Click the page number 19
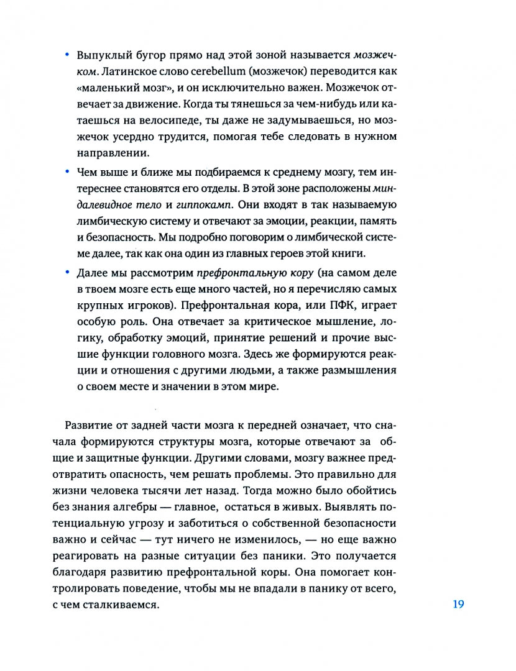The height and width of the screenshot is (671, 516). (x=458, y=604)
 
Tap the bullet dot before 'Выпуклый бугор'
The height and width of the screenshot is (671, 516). (x=67, y=56)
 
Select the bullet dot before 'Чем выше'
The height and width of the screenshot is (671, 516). (x=67, y=171)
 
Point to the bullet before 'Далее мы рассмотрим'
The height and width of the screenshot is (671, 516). (x=67, y=272)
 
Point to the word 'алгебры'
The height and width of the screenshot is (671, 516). (x=197, y=490)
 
